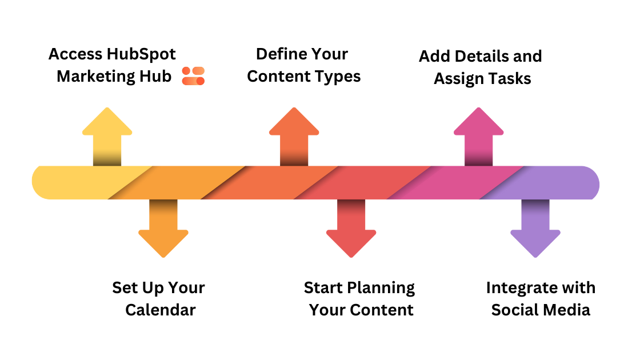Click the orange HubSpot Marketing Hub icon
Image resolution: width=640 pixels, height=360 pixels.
pyautogui.click(x=193, y=76)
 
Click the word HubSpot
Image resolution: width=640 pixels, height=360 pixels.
pyautogui.click(x=142, y=54)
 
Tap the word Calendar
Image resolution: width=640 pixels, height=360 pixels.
pyautogui.click(x=161, y=310)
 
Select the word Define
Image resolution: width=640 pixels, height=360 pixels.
pyautogui.click(x=278, y=54)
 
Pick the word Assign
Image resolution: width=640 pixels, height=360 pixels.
pyautogui.click(x=458, y=78)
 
